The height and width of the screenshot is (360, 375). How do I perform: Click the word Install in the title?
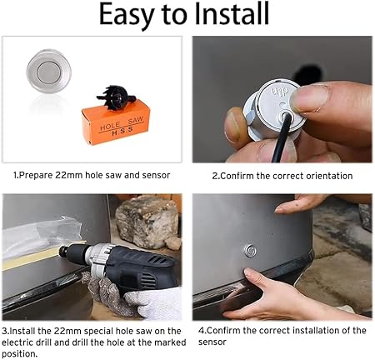[x=232, y=14]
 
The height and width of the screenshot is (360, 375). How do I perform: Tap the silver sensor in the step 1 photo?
[x=49, y=71]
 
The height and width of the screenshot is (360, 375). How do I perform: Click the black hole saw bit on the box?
[x=116, y=97]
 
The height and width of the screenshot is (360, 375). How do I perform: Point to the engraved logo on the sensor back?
[x=280, y=92]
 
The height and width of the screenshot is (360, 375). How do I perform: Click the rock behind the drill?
[x=148, y=221]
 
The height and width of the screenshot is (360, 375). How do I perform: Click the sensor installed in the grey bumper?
[x=250, y=251]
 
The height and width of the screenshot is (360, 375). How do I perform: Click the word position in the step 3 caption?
[x=18, y=354]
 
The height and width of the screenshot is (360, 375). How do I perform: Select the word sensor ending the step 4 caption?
[x=212, y=342]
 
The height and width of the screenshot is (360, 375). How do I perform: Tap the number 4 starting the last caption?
[x=201, y=331]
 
